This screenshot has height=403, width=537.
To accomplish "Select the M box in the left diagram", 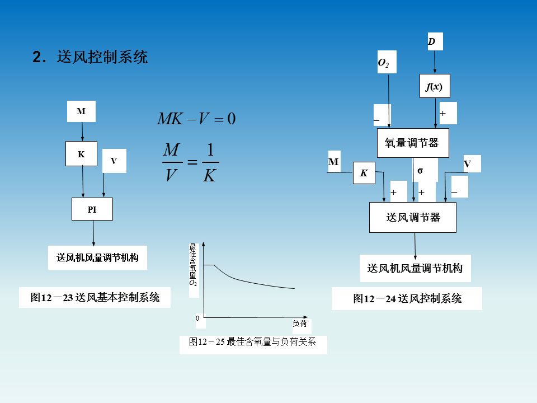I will pyautogui.click(x=81, y=111).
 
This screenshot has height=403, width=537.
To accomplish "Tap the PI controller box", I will pyautogui.click(x=92, y=209).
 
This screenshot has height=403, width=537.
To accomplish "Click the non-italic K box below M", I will pyautogui.click(x=81, y=154).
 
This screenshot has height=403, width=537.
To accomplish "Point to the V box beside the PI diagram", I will pyautogui.click(x=114, y=161).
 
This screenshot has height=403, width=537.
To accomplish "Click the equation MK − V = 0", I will pyautogui.click(x=196, y=119).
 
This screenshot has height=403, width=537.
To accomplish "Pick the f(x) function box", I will pyautogui.click(x=435, y=87).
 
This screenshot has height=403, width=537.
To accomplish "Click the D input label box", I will pyautogui.click(x=432, y=42).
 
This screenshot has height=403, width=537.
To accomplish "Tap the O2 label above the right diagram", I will pyautogui.click(x=384, y=63).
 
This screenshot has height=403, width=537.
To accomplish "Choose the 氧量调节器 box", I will pyautogui.click(x=413, y=143).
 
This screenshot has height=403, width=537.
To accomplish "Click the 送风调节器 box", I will pyautogui.click(x=413, y=217).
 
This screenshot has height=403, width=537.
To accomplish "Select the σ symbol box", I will pyautogui.click(x=421, y=169).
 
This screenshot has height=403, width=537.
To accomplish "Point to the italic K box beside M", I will pyautogui.click(x=364, y=173).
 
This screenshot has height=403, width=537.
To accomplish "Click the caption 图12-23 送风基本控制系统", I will pyautogui.click(x=95, y=298).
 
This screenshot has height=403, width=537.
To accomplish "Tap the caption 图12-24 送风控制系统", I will pyautogui.click(x=407, y=299).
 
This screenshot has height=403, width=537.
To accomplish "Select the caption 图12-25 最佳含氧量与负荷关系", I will pyautogui.click(x=253, y=342).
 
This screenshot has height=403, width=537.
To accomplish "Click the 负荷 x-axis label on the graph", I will pyautogui.click(x=300, y=324).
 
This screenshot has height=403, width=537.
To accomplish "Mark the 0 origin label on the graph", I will pyautogui.click(x=197, y=318).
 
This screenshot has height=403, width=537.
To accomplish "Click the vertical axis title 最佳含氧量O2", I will pyautogui.click(x=193, y=264).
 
